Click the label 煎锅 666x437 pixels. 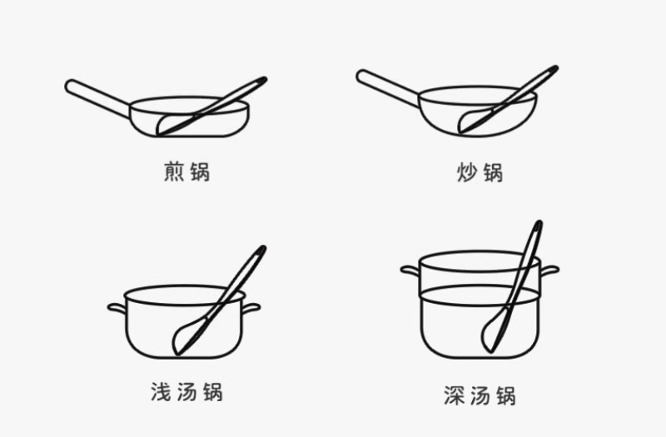(186, 171)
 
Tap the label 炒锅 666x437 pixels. (480, 172)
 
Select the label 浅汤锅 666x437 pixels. (186, 391)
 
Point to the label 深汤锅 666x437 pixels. (480, 395)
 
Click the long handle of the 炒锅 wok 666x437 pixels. (388, 89)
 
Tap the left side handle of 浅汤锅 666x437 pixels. (117, 308)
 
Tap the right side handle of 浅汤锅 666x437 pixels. (251, 308)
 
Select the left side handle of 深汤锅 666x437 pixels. (410, 270)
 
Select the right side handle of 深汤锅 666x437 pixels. (549, 270)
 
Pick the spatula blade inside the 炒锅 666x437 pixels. (475, 120)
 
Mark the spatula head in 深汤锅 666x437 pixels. (493, 331)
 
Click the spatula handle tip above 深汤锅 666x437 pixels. (539, 222)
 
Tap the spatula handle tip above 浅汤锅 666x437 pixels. (263, 248)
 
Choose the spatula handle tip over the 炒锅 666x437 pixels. (555, 68)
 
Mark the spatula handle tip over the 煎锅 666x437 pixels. (264, 79)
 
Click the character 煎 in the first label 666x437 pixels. (174, 171)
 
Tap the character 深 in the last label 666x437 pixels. (455, 395)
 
